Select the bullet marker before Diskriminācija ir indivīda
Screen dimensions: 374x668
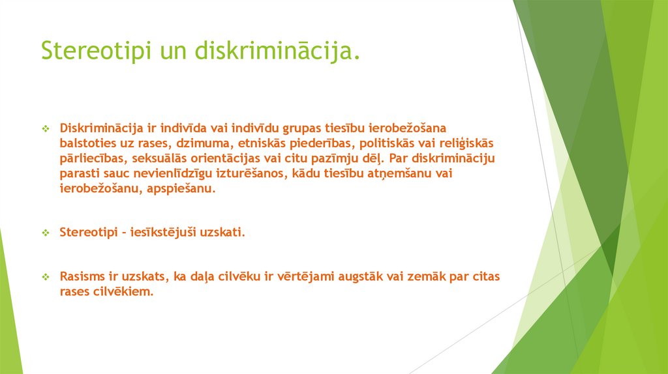point(46,128)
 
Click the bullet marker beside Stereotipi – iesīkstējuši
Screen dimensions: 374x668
point(46,233)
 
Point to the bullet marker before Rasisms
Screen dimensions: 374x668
point(46,278)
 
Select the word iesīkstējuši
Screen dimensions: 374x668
point(172,232)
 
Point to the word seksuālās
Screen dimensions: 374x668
point(157,158)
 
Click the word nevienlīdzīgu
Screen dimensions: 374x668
point(170,173)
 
